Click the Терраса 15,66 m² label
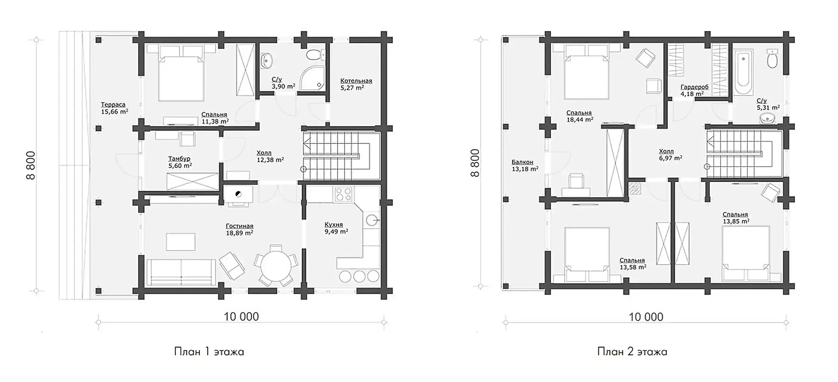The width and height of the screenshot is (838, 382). [x=114, y=108]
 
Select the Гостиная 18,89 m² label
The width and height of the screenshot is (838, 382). [x=240, y=230]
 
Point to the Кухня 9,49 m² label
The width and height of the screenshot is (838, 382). [x=336, y=228]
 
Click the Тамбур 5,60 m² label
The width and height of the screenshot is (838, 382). [x=180, y=162]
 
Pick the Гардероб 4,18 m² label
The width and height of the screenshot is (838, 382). [x=694, y=90]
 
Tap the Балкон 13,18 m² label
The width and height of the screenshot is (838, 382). [x=525, y=165]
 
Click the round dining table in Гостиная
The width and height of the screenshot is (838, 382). [x=275, y=265]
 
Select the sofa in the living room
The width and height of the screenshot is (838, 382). [x=181, y=272]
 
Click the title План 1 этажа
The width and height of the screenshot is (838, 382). [x=209, y=352]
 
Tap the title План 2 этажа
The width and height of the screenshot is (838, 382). [x=632, y=352]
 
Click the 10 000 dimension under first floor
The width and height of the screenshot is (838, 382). [x=241, y=316]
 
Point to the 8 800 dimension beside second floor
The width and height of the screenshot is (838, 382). [x=474, y=163]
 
